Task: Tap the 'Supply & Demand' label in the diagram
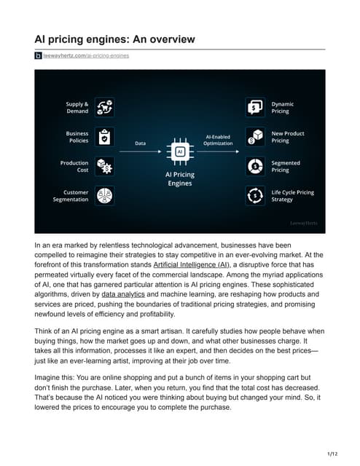tap(77, 107)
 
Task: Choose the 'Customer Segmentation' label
tap(71, 197)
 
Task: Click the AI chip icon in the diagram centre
tap(179, 151)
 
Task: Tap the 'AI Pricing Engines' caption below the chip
tap(179, 179)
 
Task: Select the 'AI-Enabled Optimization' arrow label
tap(218, 140)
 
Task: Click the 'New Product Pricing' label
tap(287, 137)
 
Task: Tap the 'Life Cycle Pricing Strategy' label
tap(292, 197)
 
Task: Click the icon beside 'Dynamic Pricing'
tap(255, 107)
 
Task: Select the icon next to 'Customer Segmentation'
tap(103, 197)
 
